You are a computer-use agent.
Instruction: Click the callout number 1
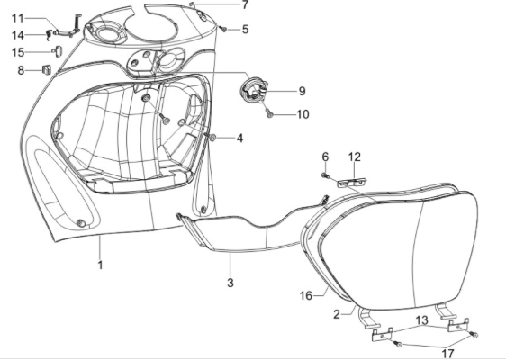click(x=101, y=266)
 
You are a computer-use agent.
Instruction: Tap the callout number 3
click(x=230, y=283)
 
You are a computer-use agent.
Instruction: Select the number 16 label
click(x=305, y=295)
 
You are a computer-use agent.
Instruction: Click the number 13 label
click(x=422, y=321)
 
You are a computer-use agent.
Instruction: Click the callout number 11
click(x=17, y=18)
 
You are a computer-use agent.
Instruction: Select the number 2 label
click(x=336, y=313)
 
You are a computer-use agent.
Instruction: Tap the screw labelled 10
click(x=270, y=114)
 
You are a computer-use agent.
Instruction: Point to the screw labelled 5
click(x=222, y=30)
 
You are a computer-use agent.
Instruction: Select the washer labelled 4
click(x=211, y=137)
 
